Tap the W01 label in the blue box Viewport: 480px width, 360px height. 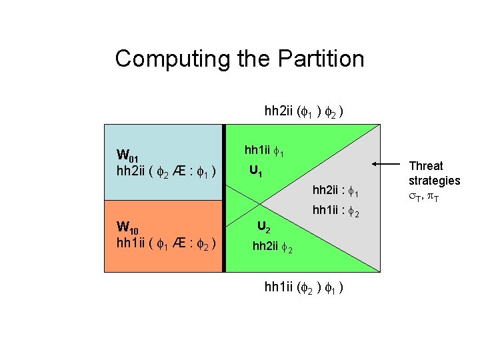[x=127, y=157]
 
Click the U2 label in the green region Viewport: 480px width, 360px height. [x=264, y=227]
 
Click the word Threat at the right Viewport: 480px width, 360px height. [x=425, y=166]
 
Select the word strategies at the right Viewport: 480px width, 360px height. [x=435, y=180]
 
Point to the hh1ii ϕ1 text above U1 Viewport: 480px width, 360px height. [x=266, y=152]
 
